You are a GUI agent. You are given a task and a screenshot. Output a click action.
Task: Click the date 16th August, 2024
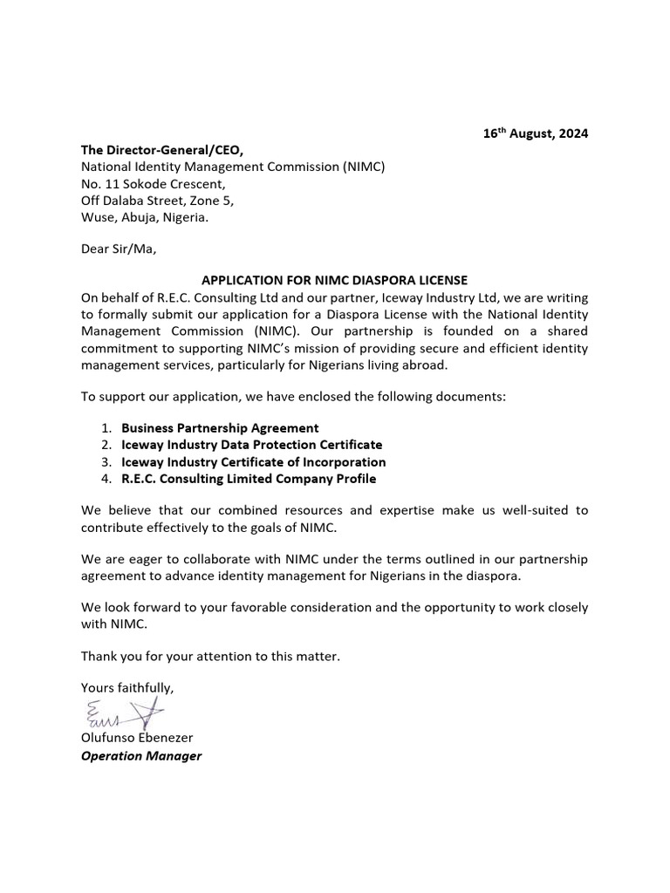coord(536,133)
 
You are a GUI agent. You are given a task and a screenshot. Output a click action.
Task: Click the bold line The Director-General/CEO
coord(162,150)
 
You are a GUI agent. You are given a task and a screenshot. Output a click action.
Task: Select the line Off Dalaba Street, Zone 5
coord(157,201)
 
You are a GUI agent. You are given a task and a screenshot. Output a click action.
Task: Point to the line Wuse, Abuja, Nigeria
coord(145,217)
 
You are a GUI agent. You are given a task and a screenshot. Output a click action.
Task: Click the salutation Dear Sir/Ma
coord(118,249)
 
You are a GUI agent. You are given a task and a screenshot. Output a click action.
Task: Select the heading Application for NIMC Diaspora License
coord(335,280)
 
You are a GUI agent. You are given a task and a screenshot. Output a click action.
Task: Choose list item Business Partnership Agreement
coord(220,428)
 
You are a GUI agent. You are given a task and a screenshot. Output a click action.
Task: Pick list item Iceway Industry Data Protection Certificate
coord(251,445)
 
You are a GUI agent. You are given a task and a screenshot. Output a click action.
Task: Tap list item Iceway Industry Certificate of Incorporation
coord(253,462)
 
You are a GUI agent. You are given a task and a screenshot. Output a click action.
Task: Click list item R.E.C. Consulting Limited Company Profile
coord(249,479)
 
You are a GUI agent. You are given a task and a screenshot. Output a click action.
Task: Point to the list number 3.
coord(106,462)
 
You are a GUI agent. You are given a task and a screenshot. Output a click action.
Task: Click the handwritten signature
coord(123,714)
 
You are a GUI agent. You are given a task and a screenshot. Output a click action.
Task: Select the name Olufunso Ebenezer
coord(137,738)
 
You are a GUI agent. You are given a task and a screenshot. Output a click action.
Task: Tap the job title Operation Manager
coord(141,755)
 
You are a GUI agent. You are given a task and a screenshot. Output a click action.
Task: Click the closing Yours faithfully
coord(127,688)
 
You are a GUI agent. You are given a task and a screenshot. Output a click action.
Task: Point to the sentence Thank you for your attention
coord(210,656)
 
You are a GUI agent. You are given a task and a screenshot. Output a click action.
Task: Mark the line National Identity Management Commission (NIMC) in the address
coord(233,167)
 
